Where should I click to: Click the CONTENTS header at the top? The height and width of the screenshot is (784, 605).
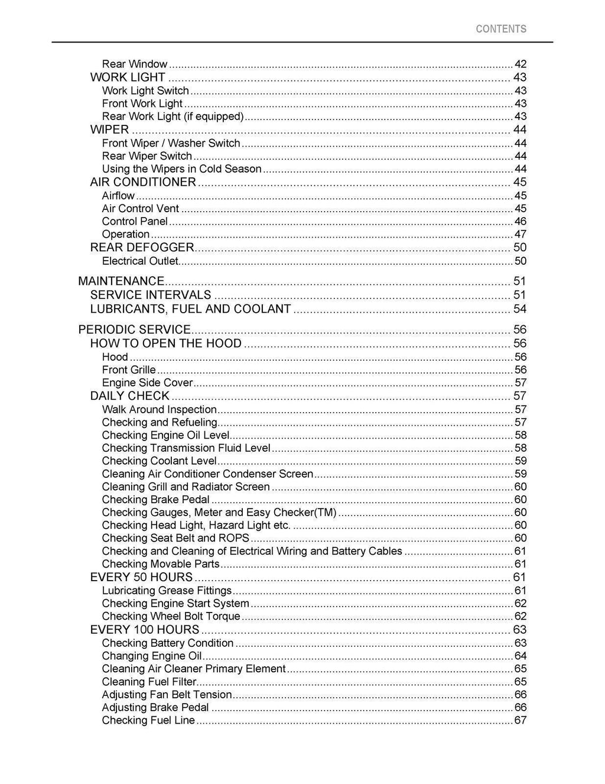[x=500, y=29]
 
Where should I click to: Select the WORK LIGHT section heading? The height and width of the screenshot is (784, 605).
[x=128, y=77]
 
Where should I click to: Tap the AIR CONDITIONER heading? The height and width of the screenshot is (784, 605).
[x=142, y=182]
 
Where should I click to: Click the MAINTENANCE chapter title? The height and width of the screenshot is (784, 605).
[x=121, y=281]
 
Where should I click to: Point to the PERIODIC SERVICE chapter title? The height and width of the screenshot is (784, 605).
[x=134, y=330]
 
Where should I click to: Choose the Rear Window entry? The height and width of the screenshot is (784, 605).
[x=135, y=64]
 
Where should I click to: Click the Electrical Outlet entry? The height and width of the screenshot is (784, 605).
[x=140, y=261]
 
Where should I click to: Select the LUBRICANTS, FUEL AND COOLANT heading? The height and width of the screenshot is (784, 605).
[x=190, y=309]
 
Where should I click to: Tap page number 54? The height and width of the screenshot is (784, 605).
[x=519, y=309]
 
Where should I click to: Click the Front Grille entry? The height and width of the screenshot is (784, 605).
[x=129, y=370]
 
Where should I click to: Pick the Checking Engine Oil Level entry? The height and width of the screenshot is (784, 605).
[x=165, y=435]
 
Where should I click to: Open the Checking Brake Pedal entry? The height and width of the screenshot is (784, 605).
[x=155, y=500]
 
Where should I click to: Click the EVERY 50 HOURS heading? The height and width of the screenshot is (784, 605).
[x=141, y=578]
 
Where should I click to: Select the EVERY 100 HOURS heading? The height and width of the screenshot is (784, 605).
[x=145, y=630]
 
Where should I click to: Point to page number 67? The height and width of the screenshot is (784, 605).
[x=520, y=721]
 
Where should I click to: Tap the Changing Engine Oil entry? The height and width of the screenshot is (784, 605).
[x=152, y=656]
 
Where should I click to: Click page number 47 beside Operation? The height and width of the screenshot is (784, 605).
[x=520, y=235]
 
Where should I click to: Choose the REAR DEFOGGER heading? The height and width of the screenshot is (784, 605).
[x=142, y=248]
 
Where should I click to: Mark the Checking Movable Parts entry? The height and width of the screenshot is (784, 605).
[x=161, y=564]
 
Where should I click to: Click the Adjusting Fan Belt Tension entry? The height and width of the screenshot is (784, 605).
[x=167, y=695]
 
